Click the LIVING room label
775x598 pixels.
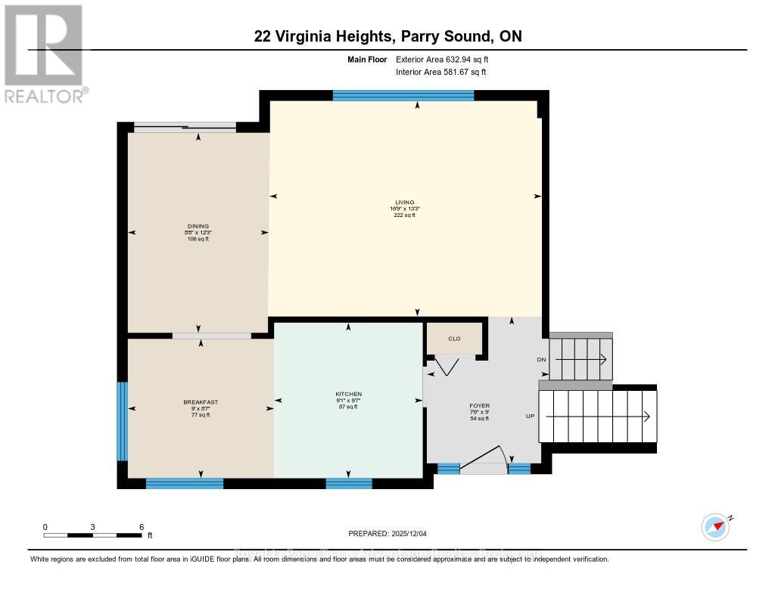pos(405,202)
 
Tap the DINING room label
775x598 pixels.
pos(198,225)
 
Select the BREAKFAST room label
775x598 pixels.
pos(201,402)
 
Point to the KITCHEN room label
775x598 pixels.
pos(348,394)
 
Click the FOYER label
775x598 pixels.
pos(480,406)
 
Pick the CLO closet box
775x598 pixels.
pos(455,339)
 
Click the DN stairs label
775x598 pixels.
pos(541,360)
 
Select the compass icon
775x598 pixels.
pos(715,526)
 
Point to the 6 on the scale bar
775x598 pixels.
pos(142,526)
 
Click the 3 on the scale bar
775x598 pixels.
pos(93,526)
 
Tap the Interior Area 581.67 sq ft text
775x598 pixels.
pos(441,73)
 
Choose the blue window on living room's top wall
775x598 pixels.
pos(403,95)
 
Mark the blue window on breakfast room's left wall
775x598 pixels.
pos(122,421)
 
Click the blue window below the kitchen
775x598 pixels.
pos(349,484)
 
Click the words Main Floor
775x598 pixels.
pos(368,59)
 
